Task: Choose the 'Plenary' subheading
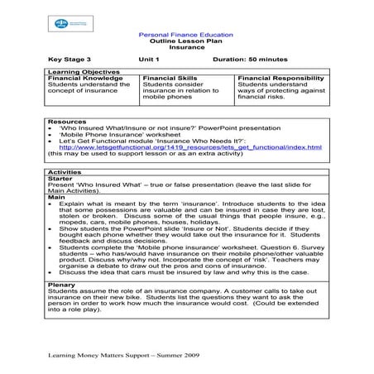62,284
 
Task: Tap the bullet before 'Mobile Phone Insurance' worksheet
52,135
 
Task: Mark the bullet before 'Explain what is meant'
52,204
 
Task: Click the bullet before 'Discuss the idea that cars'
52,271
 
